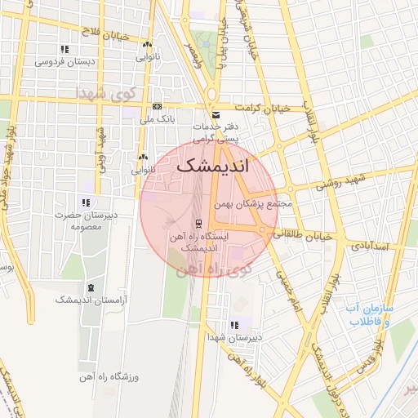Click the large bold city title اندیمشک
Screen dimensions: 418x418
214,166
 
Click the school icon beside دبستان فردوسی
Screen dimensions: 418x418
64,50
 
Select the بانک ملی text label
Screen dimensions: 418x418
158,119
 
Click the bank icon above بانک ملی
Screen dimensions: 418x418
157,107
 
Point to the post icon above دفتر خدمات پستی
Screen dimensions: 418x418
216,115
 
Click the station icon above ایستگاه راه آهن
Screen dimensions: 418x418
199,224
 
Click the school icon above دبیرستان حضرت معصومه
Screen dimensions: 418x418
85,203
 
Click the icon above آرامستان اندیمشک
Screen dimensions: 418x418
89,287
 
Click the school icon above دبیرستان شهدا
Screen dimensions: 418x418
235,324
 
